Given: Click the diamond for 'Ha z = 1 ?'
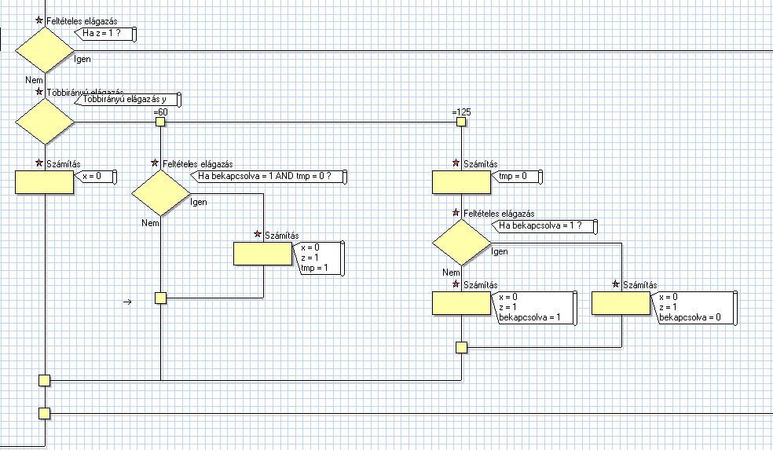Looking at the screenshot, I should coord(45,49).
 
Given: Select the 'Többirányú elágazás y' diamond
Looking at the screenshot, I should coord(45,122).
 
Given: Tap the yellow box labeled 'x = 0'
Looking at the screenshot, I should coord(45,182).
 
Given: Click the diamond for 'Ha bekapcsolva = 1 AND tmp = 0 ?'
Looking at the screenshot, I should coord(160,193).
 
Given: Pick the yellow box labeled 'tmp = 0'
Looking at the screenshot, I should coord(462,182).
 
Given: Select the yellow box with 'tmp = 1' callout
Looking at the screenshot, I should coord(263,254).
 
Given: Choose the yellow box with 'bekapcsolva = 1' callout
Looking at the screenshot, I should coord(462,303).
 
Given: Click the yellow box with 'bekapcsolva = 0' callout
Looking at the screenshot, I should coord(621,303).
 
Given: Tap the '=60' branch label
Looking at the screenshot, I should coord(161,112).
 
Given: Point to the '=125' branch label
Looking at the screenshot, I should coord(460,112).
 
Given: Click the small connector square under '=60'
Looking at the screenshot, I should coord(160,122).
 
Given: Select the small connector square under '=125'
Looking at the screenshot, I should coord(461,122).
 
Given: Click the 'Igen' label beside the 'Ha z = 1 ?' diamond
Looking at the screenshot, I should coord(81,59).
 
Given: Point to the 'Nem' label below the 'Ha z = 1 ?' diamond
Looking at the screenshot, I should coord(33,80).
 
